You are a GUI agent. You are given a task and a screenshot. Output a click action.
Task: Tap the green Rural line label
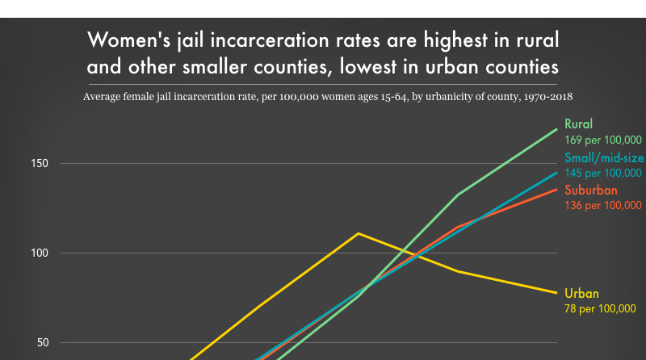(x=579, y=124)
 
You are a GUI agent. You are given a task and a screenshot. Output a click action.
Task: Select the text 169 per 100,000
(x=602, y=140)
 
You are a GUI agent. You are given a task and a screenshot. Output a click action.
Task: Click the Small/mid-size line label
(x=603, y=158)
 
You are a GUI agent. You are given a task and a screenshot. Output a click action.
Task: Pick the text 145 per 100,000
(x=602, y=173)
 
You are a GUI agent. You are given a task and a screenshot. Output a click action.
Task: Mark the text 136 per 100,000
(x=602, y=206)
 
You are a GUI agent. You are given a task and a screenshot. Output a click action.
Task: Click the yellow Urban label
(x=581, y=293)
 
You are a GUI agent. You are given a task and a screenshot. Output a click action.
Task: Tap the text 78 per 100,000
(x=600, y=308)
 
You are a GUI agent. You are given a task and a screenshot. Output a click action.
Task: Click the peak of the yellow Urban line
(x=358, y=233)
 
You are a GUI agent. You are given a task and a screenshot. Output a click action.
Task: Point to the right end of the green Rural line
(x=556, y=129)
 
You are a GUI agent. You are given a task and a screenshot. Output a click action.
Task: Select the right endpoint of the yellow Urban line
(x=556, y=292)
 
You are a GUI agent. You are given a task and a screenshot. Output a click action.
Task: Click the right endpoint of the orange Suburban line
(x=556, y=189)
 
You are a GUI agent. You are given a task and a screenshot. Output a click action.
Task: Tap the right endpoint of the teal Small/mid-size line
(x=556, y=172)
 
